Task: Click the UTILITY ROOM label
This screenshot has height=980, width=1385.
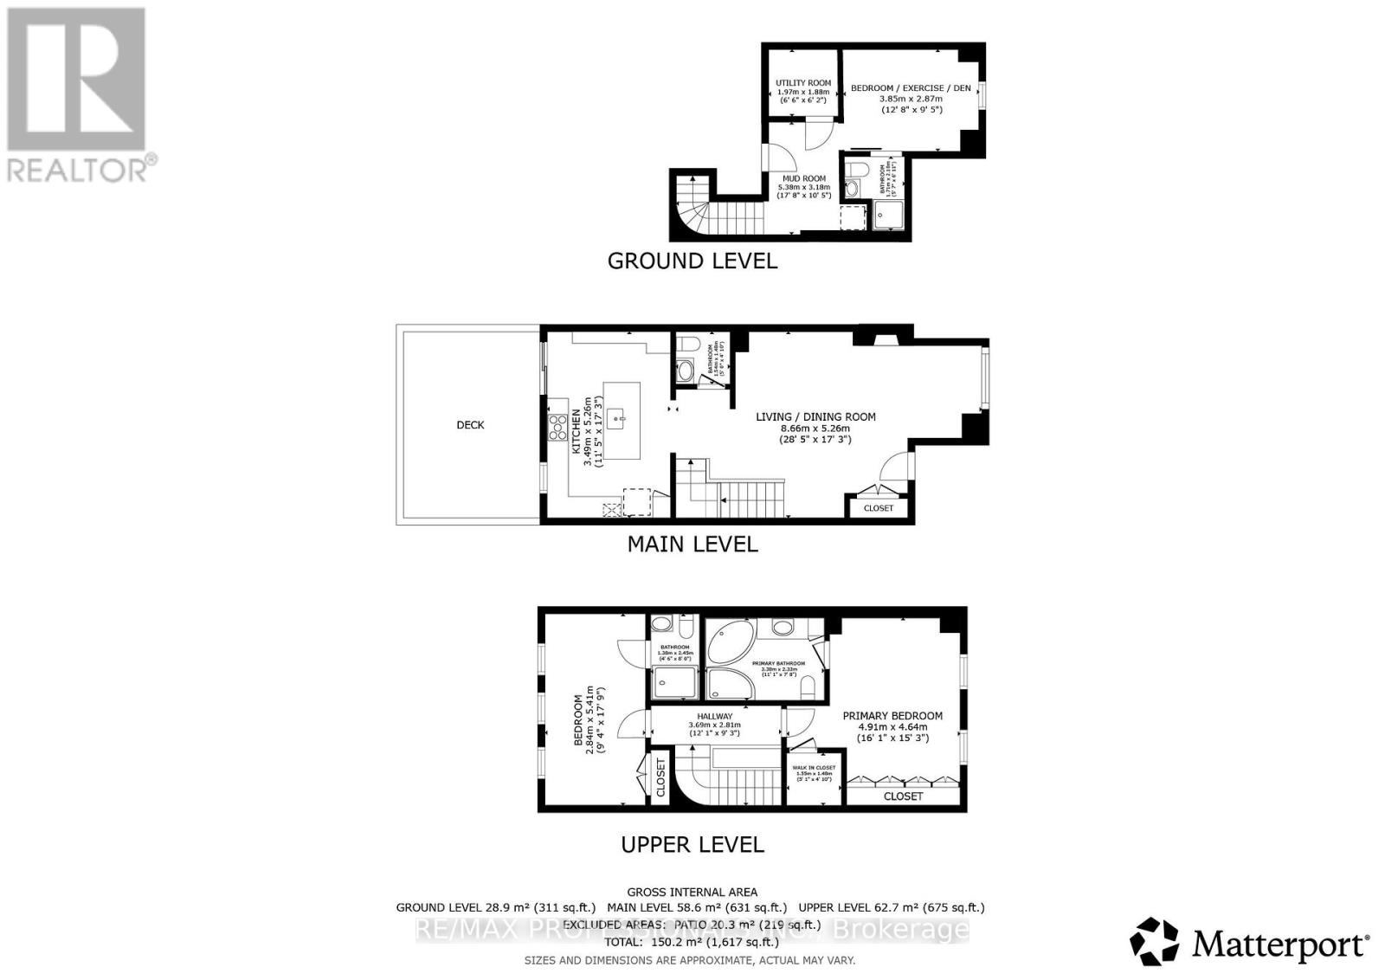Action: click(x=802, y=83)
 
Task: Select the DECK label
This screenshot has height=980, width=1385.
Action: click(x=470, y=425)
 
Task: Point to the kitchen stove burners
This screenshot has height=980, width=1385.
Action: click(x=556, y=424)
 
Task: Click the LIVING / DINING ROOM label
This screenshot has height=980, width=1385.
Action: click(x=815, y=416)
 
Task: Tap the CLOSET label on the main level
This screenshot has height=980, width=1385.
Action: click(x=878, y=508)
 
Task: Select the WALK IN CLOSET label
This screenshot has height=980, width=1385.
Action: click(x=813, y=768)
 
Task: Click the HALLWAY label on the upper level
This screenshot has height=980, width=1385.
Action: click(x=714, y=716)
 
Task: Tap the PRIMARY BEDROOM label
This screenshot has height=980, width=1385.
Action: click(x=892, y=715)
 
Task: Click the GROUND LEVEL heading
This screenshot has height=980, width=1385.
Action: click(x=692, y=261)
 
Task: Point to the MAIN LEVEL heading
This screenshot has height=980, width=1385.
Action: click(x=692, y=544)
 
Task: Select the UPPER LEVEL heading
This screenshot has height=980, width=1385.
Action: click(x=692, y=844)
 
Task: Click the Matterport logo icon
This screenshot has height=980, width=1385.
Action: click(x=1154, y=941)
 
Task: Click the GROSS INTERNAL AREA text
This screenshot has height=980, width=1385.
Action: click(x=692, y=892)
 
